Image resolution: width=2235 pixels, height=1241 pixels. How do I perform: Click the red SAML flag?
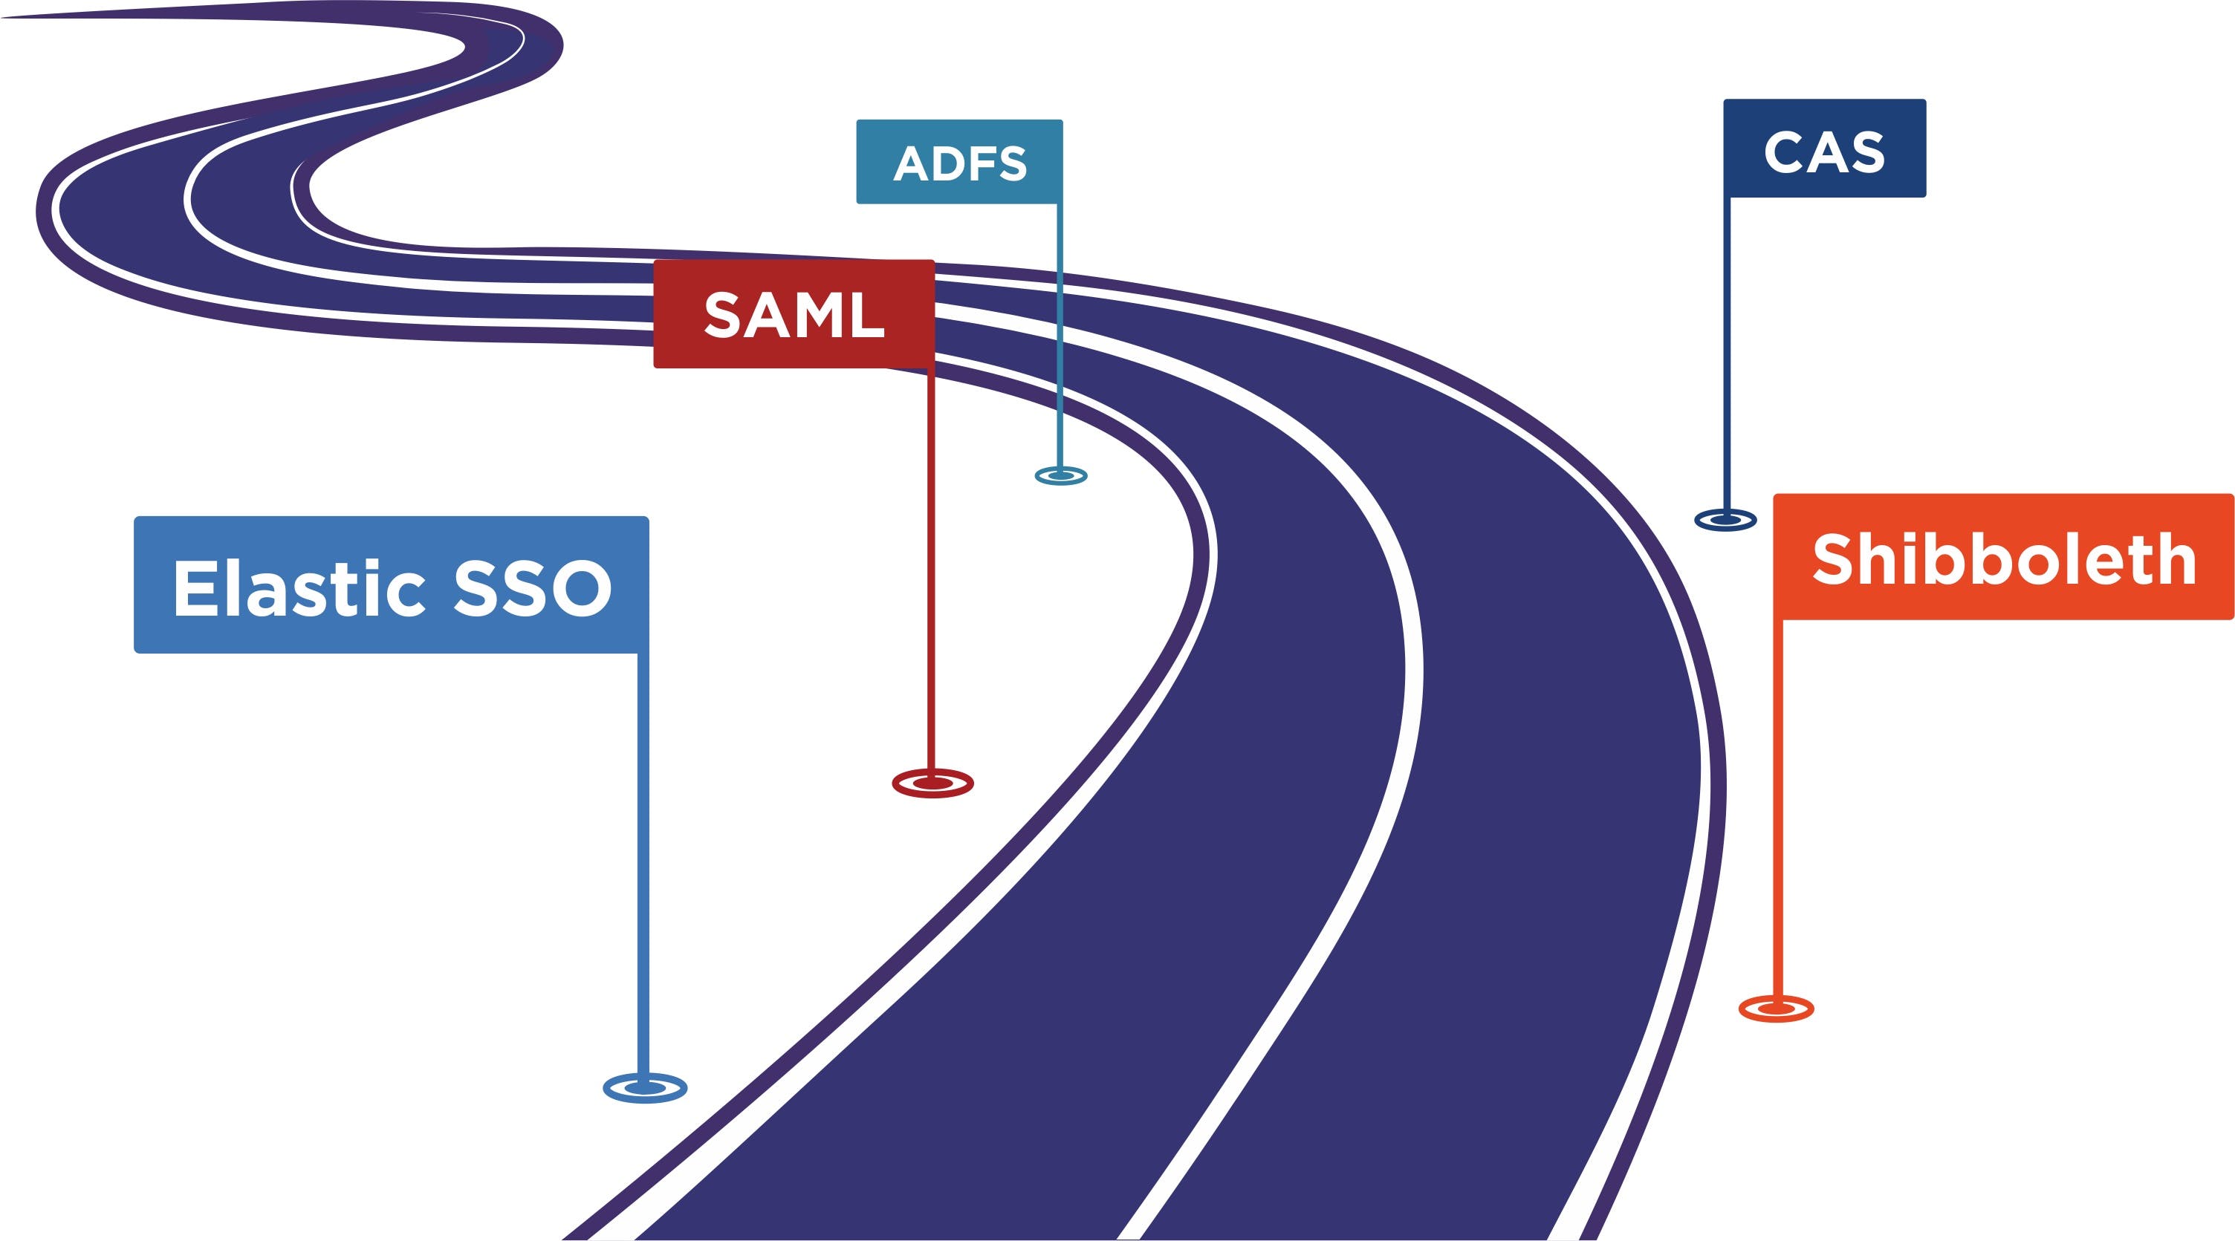(x=793, y=314)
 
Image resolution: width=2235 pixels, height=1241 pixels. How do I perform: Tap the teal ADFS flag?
(x=958, y=162)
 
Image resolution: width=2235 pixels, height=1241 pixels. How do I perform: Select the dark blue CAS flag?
(x=1824, y=149)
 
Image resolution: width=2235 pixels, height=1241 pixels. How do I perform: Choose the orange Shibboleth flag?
(x=2003, y=557)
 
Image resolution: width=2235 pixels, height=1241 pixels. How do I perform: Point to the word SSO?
(x=532, y=588)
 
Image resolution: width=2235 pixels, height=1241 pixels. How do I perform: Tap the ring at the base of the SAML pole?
(x=932, y=783)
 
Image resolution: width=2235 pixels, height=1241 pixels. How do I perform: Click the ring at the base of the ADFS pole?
(x=1060, y=475)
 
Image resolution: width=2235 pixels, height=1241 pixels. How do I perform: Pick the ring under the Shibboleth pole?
(x=1776, y=1008)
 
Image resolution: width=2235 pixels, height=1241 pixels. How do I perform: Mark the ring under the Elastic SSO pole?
(x=645, y=1087)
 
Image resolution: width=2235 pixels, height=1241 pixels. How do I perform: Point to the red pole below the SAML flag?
(x=931, y=564)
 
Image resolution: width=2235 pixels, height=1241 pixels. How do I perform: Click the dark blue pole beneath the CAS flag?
(x=1726, y=347)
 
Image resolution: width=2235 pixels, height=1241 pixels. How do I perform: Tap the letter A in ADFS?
(x=911, y=164)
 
